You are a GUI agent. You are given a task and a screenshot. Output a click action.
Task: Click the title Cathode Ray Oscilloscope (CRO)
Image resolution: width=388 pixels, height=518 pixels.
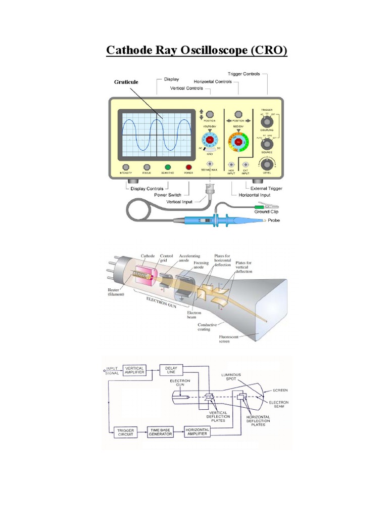click(196, 51)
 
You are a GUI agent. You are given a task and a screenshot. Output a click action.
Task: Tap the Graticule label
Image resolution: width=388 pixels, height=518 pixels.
click(125, 81)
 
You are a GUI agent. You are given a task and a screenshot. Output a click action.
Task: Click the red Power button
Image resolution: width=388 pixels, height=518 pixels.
click(189, 167)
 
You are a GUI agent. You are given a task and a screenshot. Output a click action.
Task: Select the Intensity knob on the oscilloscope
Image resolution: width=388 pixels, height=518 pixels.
click(126, 167)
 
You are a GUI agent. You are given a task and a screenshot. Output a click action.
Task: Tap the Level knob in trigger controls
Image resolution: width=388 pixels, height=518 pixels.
click(266, 164)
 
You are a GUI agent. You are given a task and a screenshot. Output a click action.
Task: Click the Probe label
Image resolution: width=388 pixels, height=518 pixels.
click(273, 221)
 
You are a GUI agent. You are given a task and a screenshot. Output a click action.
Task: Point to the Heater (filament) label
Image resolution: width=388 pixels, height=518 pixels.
click(116, 292)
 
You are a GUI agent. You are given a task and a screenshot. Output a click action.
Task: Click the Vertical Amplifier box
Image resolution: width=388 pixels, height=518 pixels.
click(135, 370)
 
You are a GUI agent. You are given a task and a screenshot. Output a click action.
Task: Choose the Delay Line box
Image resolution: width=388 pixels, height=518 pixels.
click(171, 370)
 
